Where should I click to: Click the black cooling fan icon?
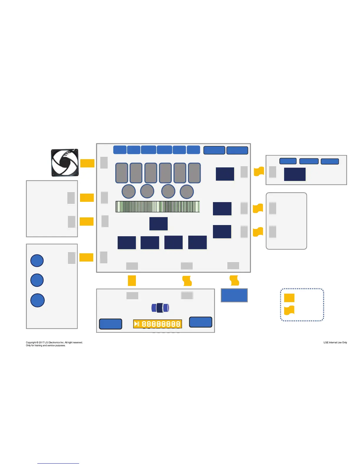pyautogui.click(x=65, y=162)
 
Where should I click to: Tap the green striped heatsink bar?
pyautogui.click(x=158, y=207)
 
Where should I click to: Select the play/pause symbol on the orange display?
pyautogui.click(x=137, y=324)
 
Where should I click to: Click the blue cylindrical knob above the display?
pyautogui.click(x=160, y=308)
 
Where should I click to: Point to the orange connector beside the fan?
pyautogui.click(x=87, y=163)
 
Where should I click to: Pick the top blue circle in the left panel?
pyautogui.click(x=37, y=260)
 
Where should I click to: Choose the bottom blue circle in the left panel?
pyautogui.click(x=37, y=300)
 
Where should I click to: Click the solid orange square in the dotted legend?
pyautogui.click(x=289, y=297)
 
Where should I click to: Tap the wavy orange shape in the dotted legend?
pyautogui.click(x=289, y=310)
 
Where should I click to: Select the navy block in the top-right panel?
pyautogui.click(x=295, y=174)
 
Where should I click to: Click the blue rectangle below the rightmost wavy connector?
pyautogui.click(x=234, y=295)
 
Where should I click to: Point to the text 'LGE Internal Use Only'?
pyautogui.click(x=335, y=342)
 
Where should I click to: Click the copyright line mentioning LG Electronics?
pyautogui.click(x=54, y=342)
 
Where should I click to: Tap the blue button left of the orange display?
pyautogui.click(x=111, y=324)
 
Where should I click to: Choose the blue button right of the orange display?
pyautogui.click(x=201, y=322)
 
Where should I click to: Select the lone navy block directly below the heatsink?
pyautogui.click(x=159, y=224)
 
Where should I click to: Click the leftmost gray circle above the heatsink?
pyautogui.click(x=129, y=192)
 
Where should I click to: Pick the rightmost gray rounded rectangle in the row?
pyautogui.click(x=194, y=173)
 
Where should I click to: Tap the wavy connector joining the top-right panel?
pyautogui.click(x=259, y=171)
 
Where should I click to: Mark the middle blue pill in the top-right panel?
pyautogui.click(x=309, y=161)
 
